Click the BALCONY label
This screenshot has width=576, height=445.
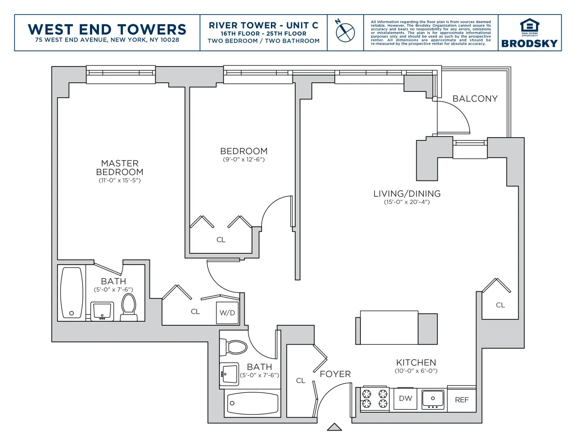pyautogui.click(x=475, y=99)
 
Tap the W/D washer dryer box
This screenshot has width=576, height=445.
pyautogui.click(x=227, y=313)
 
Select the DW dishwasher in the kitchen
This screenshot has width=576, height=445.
pyautogui.click(x=405, y=398)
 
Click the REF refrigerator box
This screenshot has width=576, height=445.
pyautogui.click(x=462, y=400)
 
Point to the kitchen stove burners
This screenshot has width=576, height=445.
pyautogui.click(x=375, y=399)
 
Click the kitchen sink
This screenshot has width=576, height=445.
pyautogui.click(x=433, y=399)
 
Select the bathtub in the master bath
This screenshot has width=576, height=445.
pyautogui.click(x=72, y=292)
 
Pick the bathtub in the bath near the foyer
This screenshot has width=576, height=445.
pyautogui.click(x=252, y=403)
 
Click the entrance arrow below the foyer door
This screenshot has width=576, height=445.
pyautogui.click(x=334, y=427)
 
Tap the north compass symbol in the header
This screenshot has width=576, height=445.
pyautogui.click(x=345, y=32)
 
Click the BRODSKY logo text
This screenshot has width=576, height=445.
pyautogui.click(x=529, y=44)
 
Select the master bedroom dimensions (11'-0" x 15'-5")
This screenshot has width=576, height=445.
pyautogui.click(x=120, y=180)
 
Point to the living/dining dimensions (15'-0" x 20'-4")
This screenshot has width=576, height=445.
pyautogui.click(x=407, y=202)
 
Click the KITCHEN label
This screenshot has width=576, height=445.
pyautogui.click(x=416, y=362)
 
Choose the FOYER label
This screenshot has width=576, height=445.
pyautogui.click(x=335, y=374)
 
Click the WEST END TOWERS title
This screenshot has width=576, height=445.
pyautogui.click(x=107, y=29)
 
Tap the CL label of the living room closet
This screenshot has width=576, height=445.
pyautogui.click(x=500, y=305)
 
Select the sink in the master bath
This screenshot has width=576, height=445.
pyautogui.click(x=102, y=311)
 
